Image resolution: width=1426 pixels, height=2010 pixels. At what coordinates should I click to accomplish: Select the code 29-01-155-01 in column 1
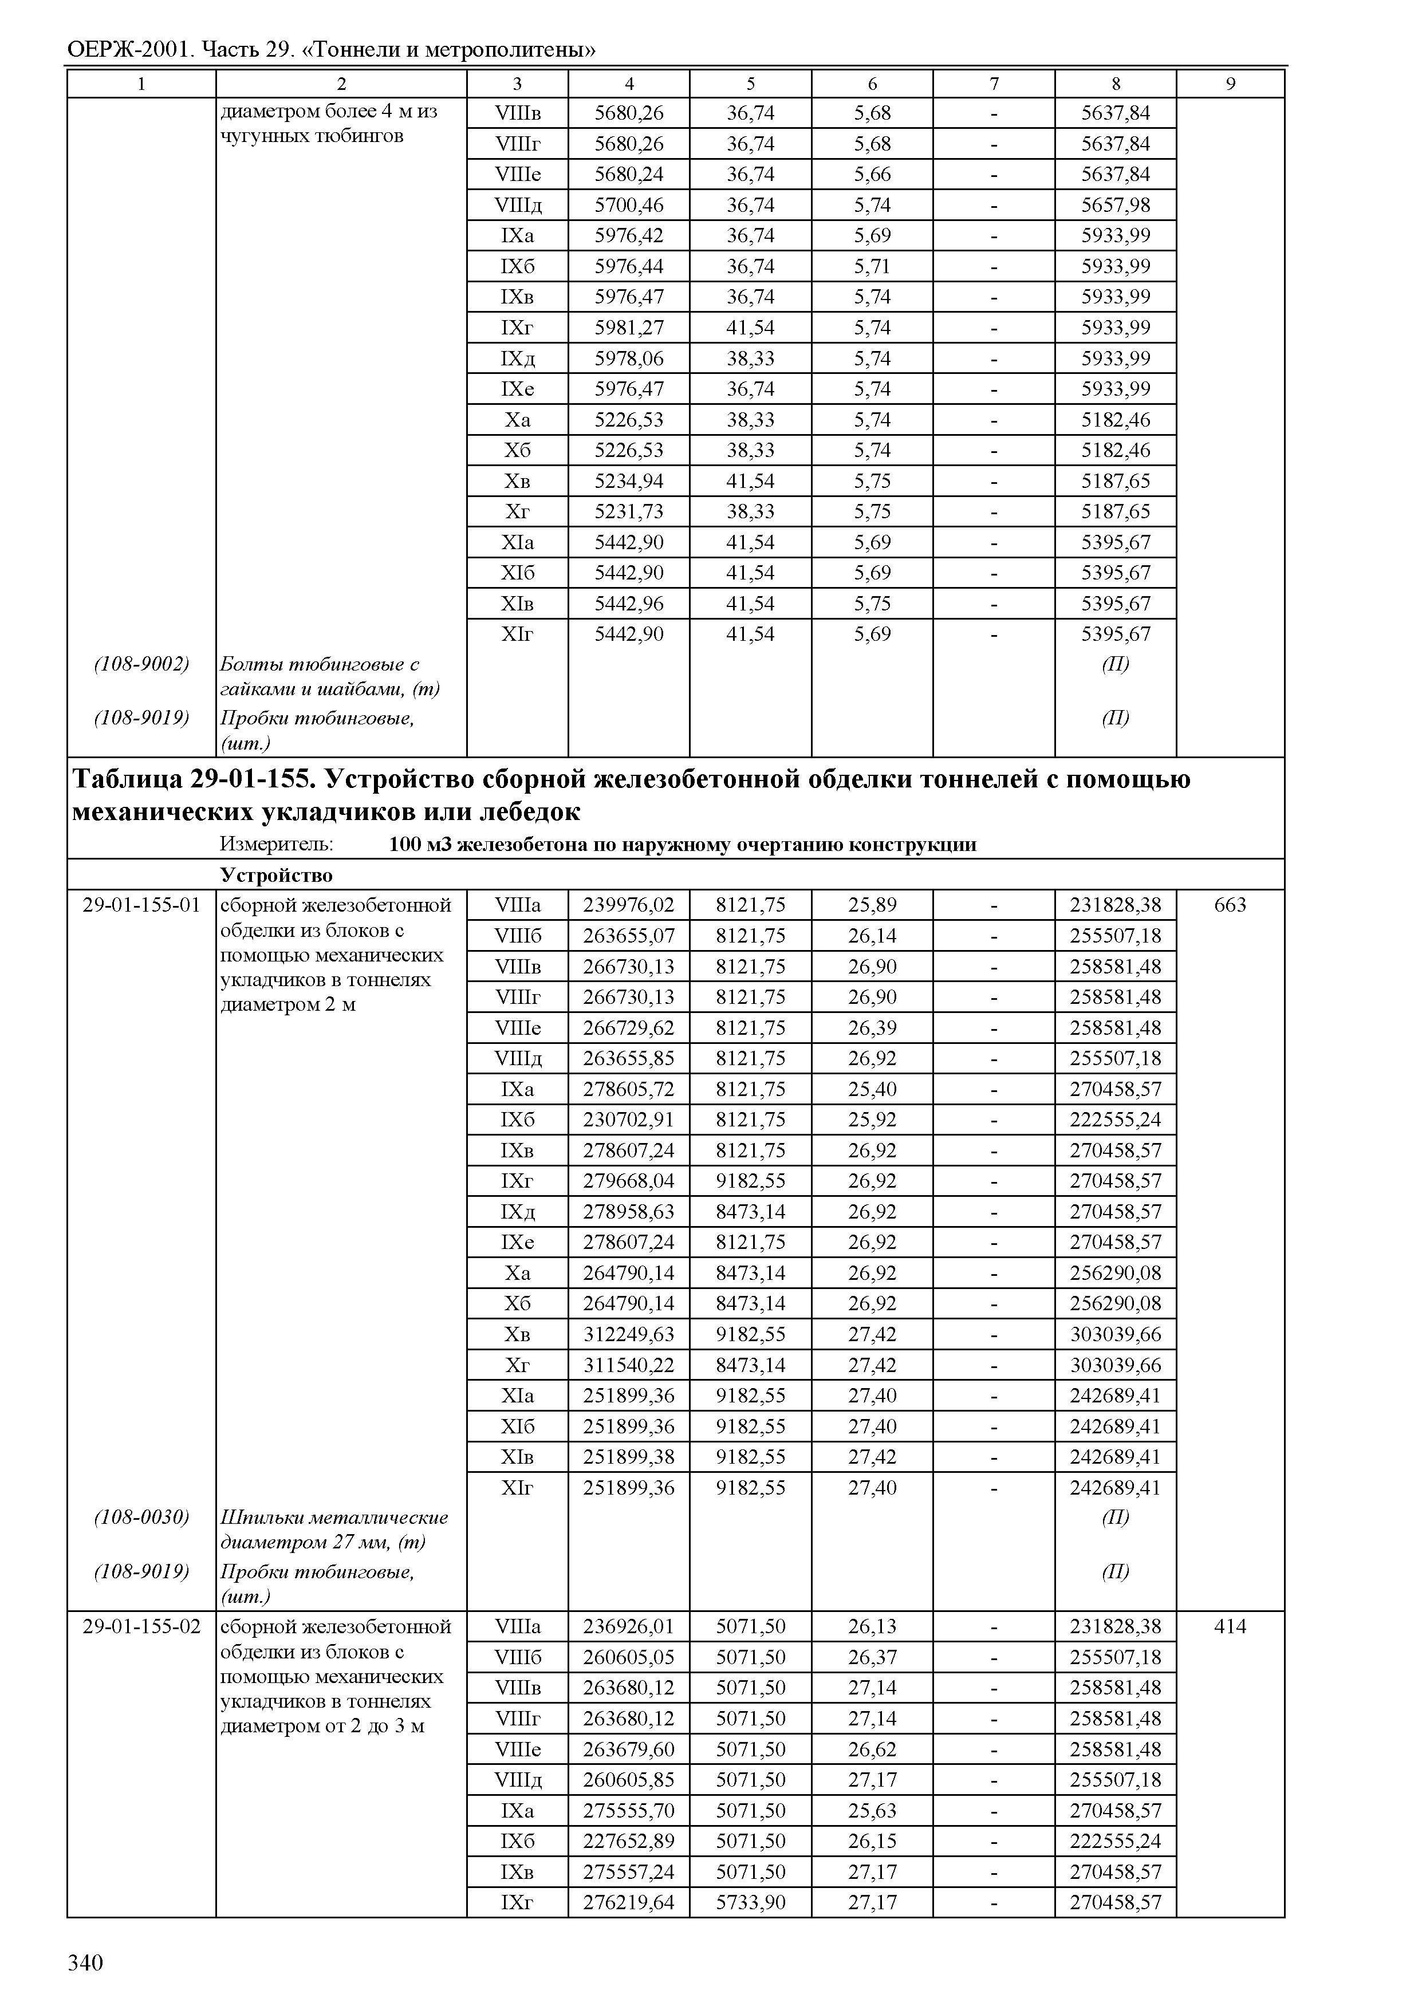pyautogui.click(x=141, y=904)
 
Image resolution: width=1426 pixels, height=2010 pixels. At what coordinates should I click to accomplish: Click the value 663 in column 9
pyautogui.click(x=1230, y=904)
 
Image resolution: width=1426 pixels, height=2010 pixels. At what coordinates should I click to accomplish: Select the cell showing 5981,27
pyautogui.click(x=629, y=328)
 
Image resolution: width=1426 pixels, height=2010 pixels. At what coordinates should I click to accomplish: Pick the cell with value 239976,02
pyautogui.click(x=629, y=904)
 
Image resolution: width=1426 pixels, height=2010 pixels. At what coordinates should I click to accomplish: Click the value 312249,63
pyautogui.click(x=629, y=1334)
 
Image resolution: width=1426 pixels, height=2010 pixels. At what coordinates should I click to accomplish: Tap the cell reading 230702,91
pyautogui.click(x=629, y=1120)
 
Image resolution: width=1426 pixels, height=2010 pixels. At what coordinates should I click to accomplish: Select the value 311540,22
pyautogui.click(x=629, y=1365)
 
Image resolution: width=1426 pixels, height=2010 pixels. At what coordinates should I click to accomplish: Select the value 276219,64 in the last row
pyautogui.click(x=629, y=1902)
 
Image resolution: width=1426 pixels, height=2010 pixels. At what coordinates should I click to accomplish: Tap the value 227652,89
pyautogui.click(x=629, y=1840)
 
